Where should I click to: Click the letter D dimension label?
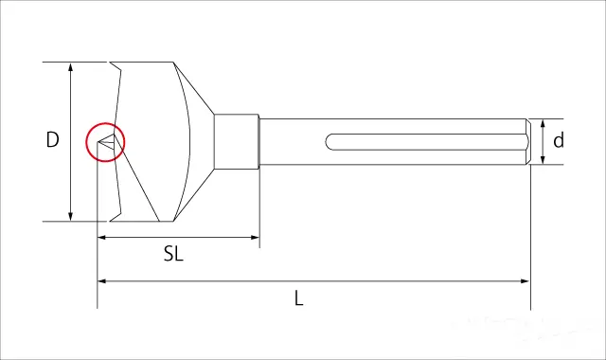coord(53,139)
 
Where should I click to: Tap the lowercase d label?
coord(558,140)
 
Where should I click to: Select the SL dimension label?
coord(173,254)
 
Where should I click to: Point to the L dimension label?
coord(299,298)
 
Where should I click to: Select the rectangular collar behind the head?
coord(237,141)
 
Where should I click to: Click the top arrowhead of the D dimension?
coord(70,67)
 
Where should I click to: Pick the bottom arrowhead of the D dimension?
coord(70,216)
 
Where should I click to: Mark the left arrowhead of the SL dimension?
coord(102,237)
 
